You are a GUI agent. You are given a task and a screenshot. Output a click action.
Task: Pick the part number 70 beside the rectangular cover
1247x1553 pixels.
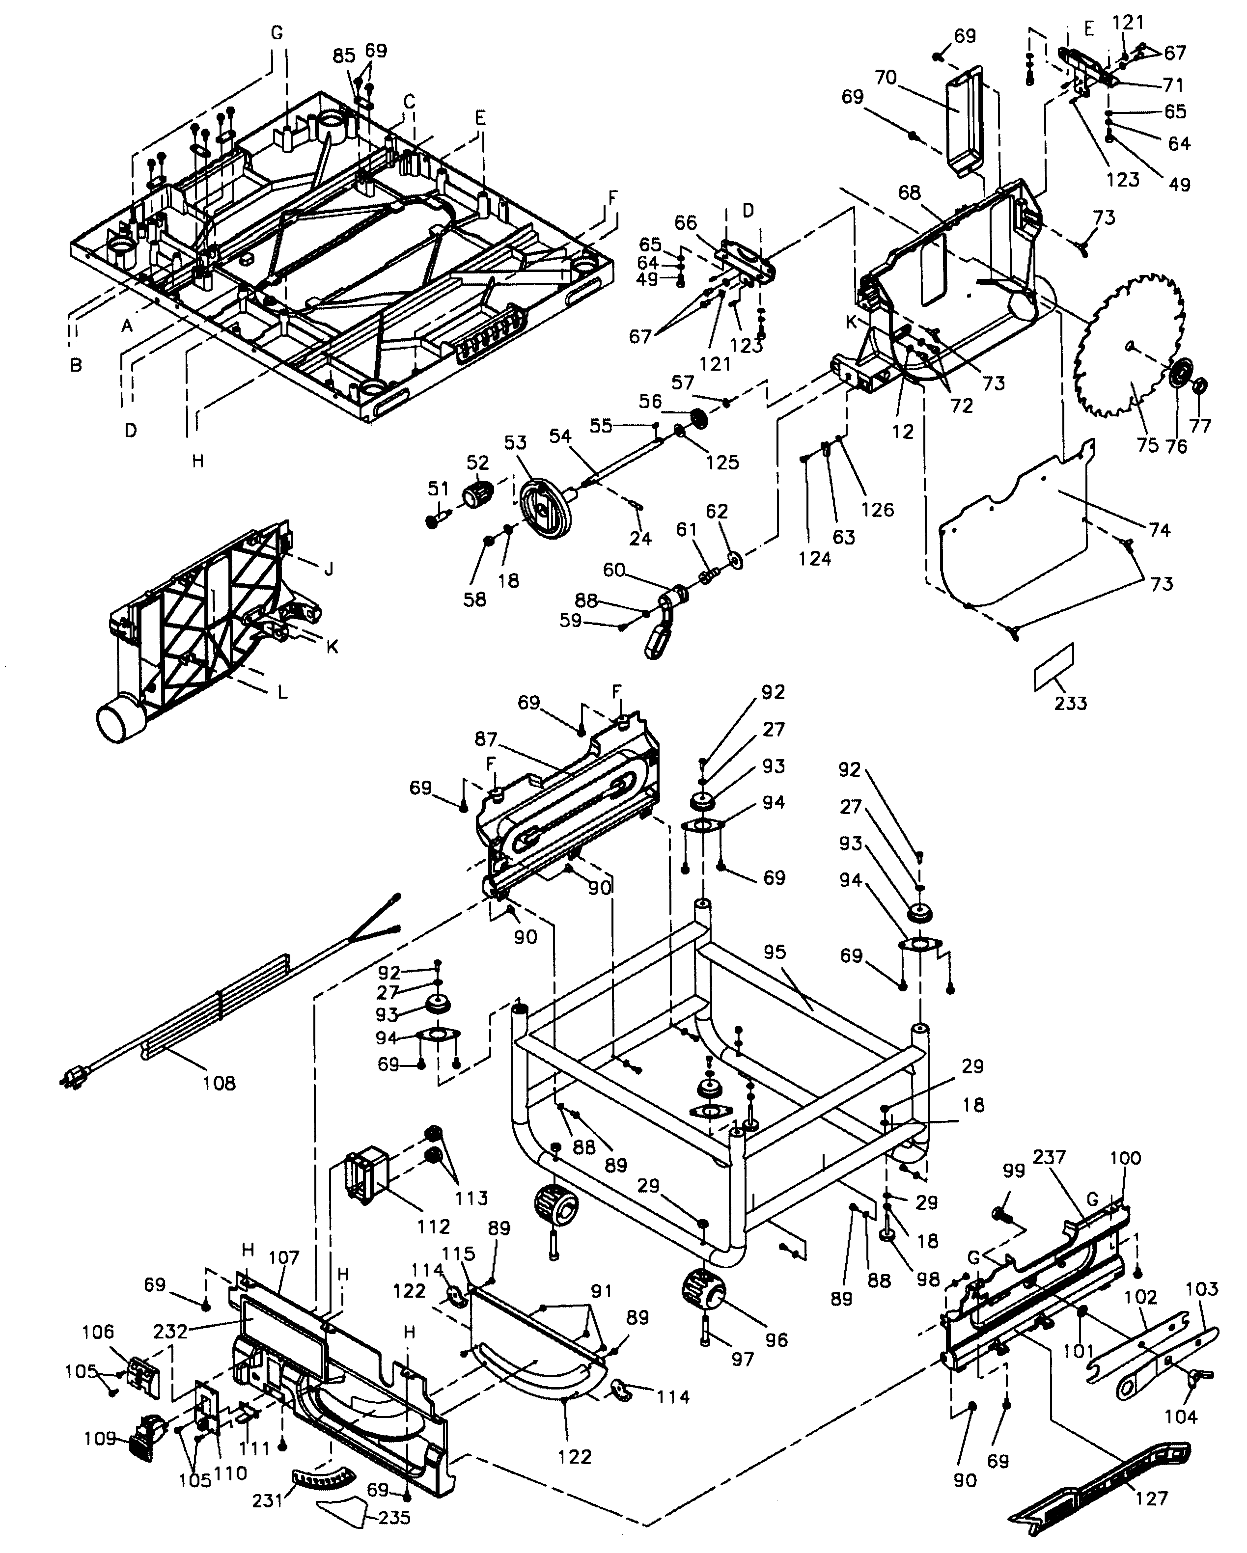886,77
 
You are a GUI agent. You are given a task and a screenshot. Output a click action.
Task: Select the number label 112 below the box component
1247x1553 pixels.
433,1226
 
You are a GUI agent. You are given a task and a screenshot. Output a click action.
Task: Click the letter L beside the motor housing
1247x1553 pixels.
282,693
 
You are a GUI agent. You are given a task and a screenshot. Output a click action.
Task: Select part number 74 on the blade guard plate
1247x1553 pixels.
1159,530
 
